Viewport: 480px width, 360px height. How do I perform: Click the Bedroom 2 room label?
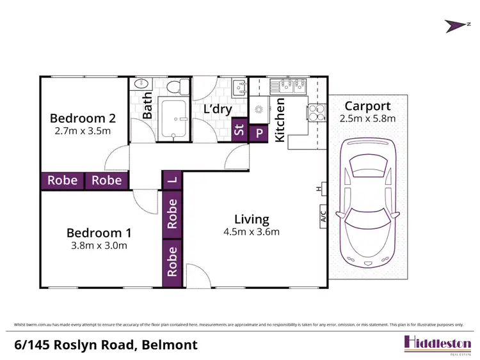[83, 118]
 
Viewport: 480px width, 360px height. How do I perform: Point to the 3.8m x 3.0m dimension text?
[98, 246]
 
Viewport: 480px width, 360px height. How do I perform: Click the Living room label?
[251, 219]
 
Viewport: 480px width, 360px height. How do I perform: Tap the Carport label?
[367, 106]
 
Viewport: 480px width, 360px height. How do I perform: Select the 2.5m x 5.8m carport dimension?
[367, 118]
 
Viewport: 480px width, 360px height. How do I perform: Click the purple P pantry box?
[259, 133]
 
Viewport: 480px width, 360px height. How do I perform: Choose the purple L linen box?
[172, 180]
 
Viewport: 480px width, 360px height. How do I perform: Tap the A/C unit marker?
[323, 217]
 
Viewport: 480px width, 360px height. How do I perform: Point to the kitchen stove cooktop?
[316, 113]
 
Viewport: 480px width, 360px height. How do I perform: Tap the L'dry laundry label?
[217, 109]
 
